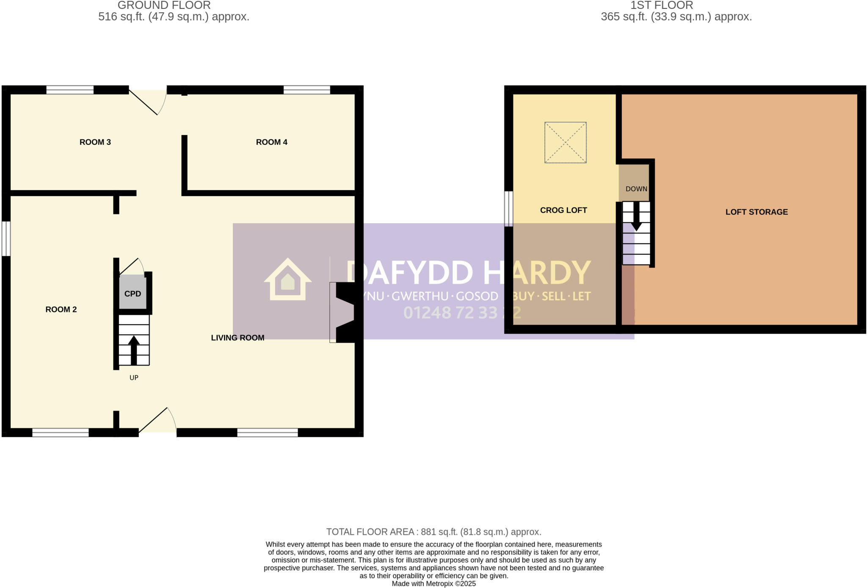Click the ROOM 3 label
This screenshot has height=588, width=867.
point(95,142)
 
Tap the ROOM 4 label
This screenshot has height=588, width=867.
point(271,142)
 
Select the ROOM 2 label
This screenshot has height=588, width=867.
point(61,309)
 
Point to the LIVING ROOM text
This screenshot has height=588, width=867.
point(237,338)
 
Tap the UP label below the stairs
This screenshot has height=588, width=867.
point(134,377)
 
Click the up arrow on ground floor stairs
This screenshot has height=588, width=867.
point(134,349)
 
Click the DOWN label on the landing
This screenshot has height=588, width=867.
point(636,189)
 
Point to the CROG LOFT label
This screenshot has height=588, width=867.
point(563,210)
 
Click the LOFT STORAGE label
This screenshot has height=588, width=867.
point(757,212)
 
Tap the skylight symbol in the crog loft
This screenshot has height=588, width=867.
point(565,142)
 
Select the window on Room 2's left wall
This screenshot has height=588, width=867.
point(6,239)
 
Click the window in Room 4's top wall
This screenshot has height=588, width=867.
point(306,89)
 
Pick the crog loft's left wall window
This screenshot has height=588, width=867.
point(508,208)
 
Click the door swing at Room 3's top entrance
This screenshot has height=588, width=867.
point(148,102)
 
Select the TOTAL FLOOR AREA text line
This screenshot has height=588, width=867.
point(433,532)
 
